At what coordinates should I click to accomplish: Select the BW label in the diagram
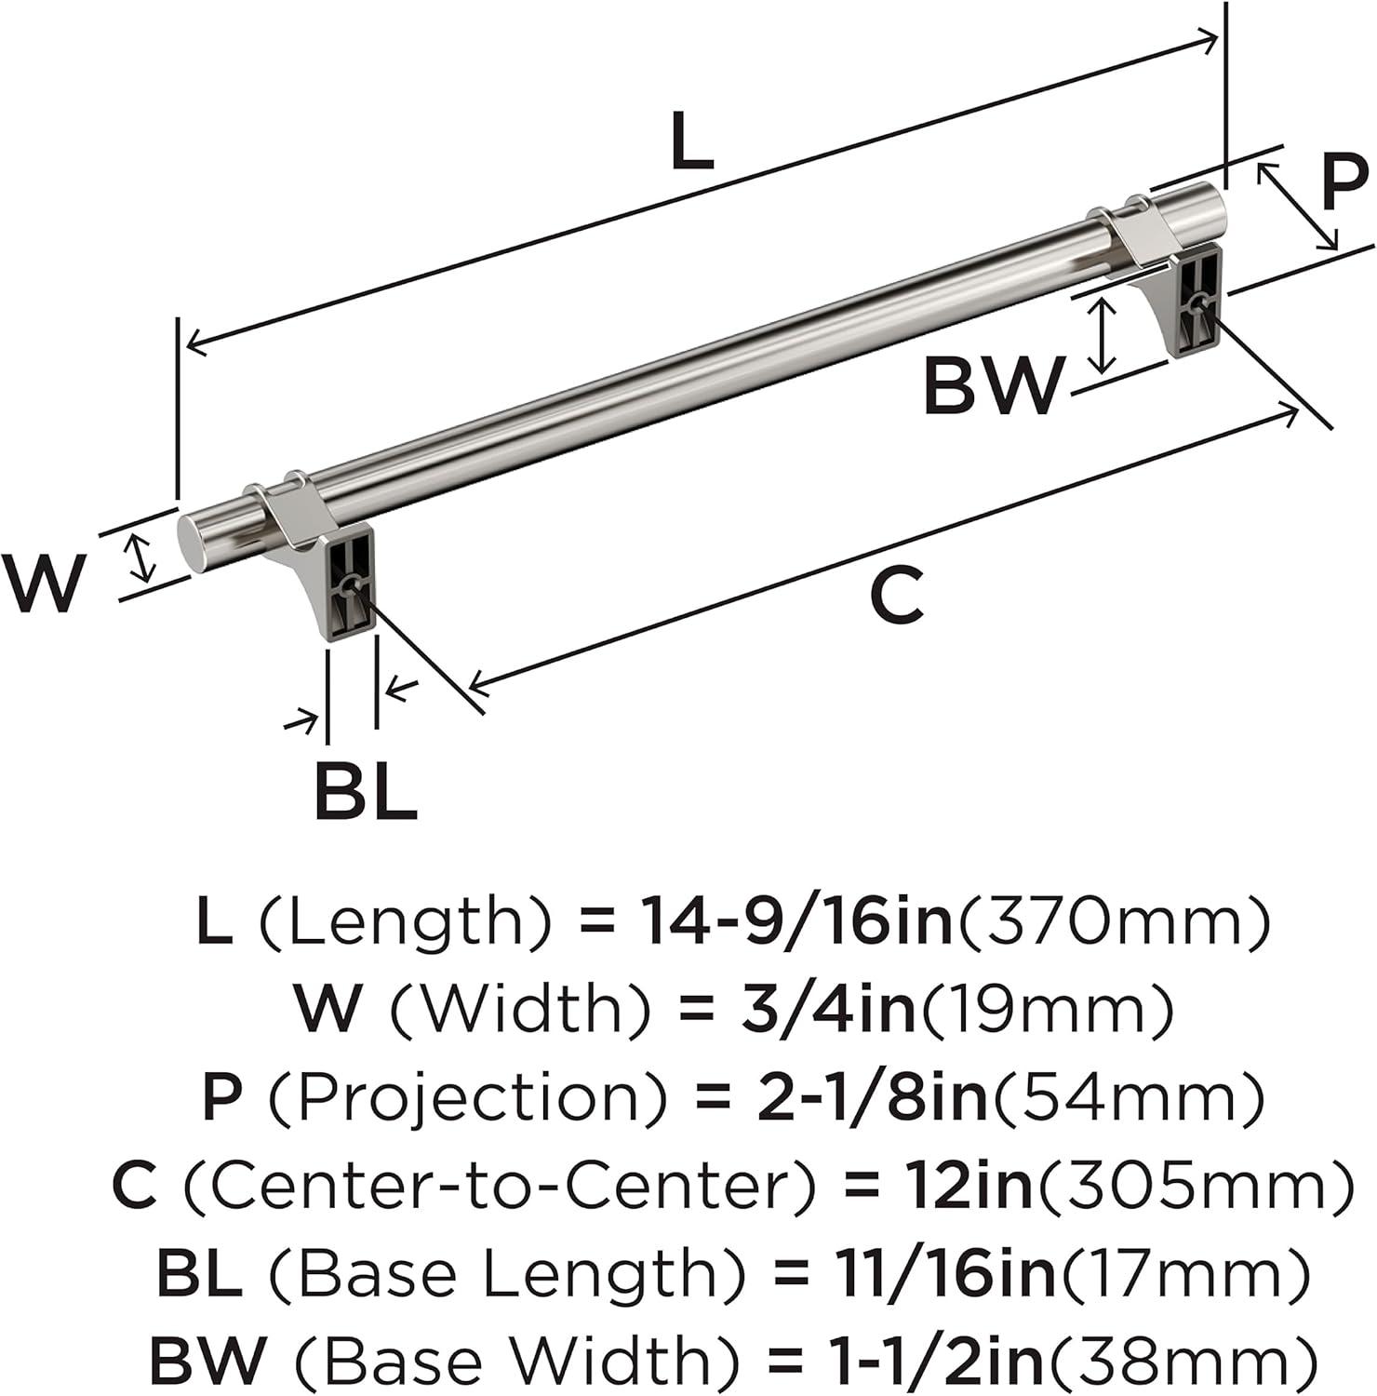pyautogui.click(x=993, y=386)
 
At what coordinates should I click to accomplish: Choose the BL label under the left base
pyautogui.click(x=366, y=791)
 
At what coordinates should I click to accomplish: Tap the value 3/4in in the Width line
pyautogui.click(x=818, y=1009)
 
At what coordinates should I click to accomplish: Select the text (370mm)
pyautogui.click(x=1113, y=921)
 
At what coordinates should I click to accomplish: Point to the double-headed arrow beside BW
pyautogui.click(x=1103, y=335)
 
